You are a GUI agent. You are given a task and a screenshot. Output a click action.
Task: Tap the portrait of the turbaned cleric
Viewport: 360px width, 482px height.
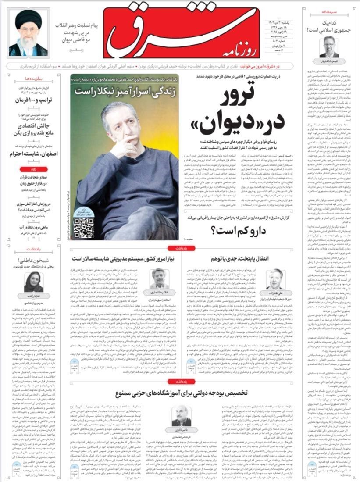[28, 34]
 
